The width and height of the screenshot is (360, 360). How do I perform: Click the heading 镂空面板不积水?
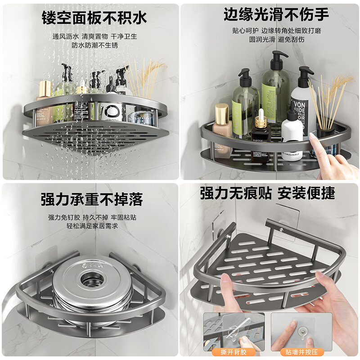94,18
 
